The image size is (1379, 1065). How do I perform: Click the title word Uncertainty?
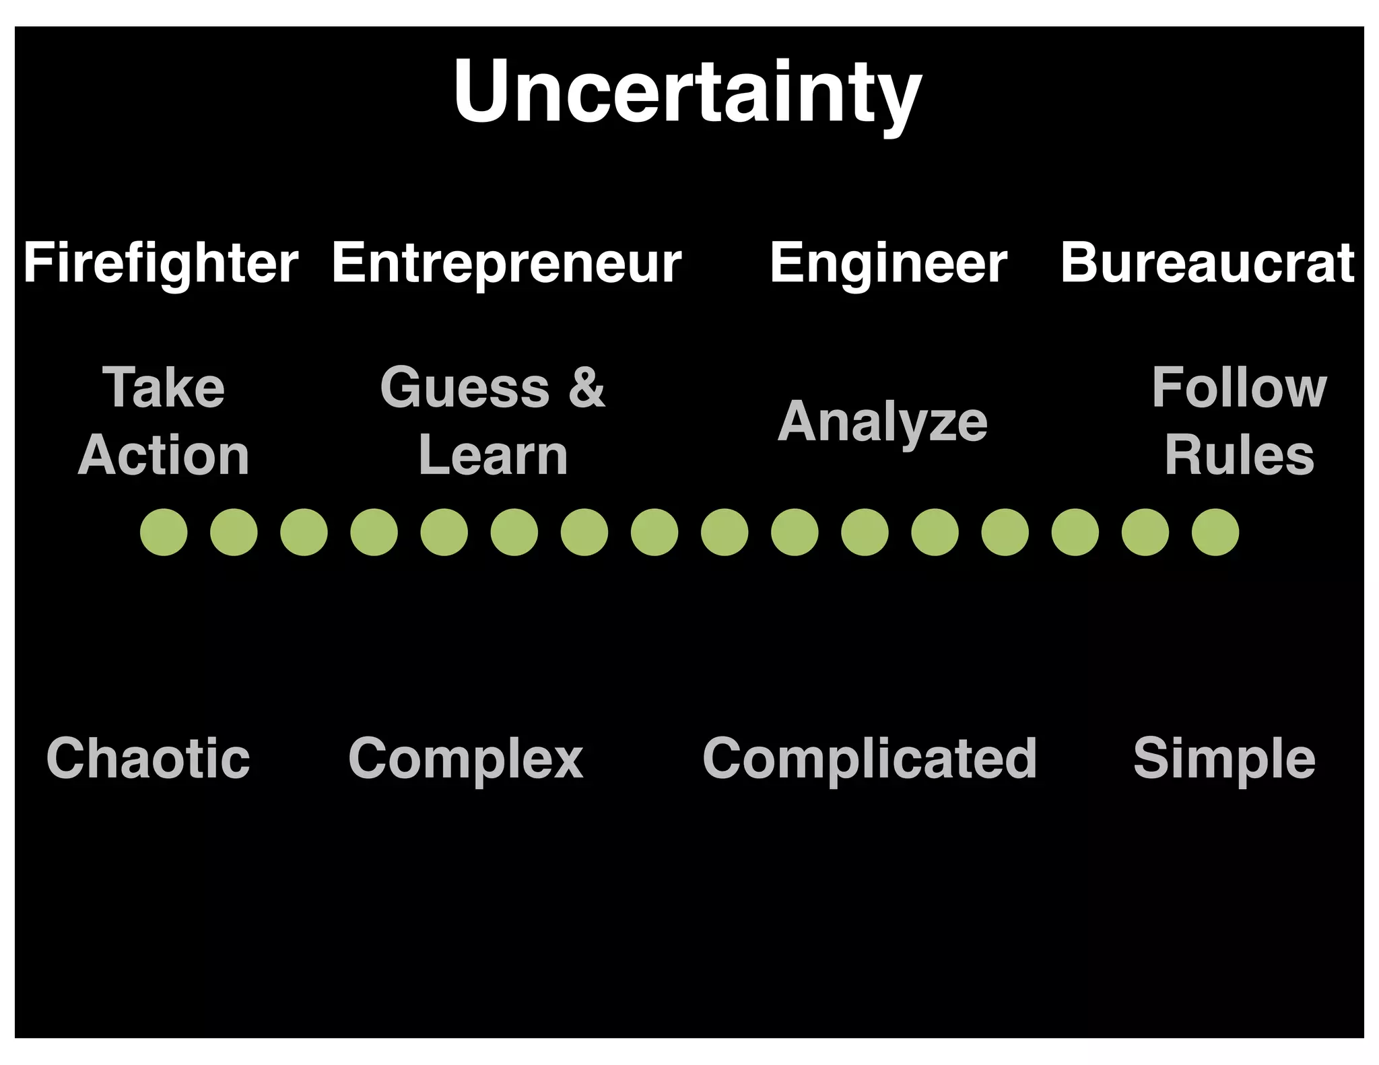pos(687,92)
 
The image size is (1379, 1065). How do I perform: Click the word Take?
pos(164,388)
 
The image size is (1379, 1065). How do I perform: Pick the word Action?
pos(164,456)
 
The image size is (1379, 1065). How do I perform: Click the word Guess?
pos(465,388)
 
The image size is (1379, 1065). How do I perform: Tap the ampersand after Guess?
pos(586,388)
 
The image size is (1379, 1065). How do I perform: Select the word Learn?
pos(493,456)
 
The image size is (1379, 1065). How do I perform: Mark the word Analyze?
pos(883,423)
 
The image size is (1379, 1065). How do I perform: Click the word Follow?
pos(1239,388)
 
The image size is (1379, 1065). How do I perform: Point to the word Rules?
pos(1239,456)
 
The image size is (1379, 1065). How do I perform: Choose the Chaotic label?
pos(148,759)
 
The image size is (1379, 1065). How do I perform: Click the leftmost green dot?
pos(164,532)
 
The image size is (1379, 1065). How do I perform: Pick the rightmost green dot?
pos(1215,532)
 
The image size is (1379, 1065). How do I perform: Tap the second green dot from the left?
pos(234,532)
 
